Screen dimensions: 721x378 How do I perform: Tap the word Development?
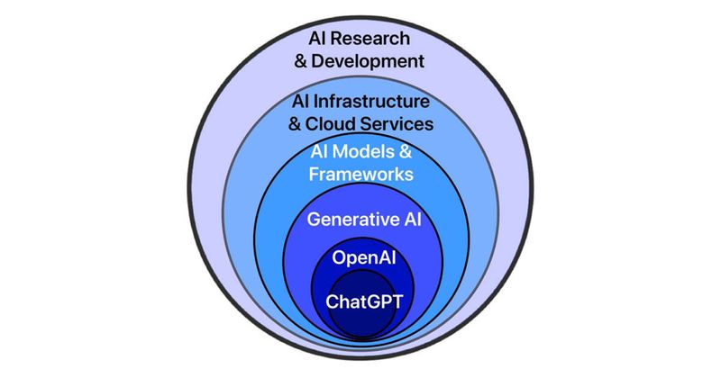tap(368, 61)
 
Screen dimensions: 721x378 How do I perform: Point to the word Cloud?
tap(330, 123)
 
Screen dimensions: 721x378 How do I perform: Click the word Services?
tap(397, 123)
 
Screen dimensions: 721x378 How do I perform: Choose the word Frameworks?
tap(361, 174)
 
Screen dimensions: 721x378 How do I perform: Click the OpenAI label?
tap(364, 257)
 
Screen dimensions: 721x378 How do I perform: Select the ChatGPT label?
tap(364, 301)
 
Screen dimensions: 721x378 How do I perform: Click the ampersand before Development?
tap(301, 61)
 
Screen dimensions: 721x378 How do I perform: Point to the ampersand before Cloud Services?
tap(295, 124)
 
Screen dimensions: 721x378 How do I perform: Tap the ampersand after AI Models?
tap(405, 151)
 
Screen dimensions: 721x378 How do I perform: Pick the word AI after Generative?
tap(413, 219)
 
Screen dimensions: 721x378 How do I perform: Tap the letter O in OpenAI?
tap(339, 257)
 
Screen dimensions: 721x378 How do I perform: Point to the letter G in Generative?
tap(314, 219)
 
